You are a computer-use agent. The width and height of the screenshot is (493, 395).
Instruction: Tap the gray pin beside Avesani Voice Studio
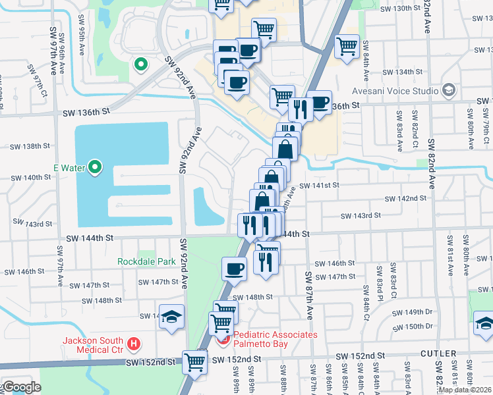(449, 90)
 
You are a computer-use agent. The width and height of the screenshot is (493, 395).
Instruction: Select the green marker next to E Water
(95, 168)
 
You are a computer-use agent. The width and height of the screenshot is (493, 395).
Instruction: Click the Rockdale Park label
(146, 261)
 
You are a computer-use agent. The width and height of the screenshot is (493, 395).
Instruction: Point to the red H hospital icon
(134, 344)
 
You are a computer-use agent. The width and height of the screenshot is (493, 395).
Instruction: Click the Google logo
(21, 386)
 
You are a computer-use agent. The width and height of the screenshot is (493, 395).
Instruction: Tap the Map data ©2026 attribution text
(464, 390)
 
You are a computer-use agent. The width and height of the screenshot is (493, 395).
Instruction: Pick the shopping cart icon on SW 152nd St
(195, 360)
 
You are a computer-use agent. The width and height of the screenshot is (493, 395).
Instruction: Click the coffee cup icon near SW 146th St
(234, 268)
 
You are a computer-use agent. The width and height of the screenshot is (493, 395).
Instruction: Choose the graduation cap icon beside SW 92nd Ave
(171, 316)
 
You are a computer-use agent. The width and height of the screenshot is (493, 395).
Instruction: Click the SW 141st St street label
(319, 186)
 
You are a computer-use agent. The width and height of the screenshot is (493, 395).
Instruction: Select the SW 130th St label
(401, 8)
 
